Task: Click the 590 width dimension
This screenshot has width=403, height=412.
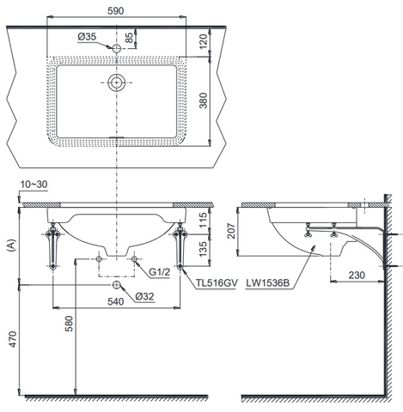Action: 116,11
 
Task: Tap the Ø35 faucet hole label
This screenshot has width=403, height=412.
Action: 87,37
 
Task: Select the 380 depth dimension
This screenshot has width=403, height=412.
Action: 203,100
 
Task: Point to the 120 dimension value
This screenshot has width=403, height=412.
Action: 203,41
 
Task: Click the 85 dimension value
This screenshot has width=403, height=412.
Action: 130,38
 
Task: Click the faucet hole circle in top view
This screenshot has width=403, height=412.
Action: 116,49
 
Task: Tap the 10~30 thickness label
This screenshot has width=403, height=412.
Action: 34,185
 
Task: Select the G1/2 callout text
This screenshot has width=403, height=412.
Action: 159,272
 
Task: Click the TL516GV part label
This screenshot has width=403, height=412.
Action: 217,283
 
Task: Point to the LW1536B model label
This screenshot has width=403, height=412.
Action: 268,283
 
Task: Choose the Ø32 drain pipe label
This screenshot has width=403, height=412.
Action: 145,296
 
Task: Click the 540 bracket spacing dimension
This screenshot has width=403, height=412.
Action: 115,301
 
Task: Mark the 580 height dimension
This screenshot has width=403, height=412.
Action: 69,324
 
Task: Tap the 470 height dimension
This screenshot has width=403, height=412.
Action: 13,339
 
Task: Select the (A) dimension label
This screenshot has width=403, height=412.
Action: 11,245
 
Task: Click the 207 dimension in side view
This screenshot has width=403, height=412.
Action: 231,231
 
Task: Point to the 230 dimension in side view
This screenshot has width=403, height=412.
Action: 357,276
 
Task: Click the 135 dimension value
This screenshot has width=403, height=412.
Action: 203,249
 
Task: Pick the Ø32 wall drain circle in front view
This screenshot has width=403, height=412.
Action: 116,285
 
